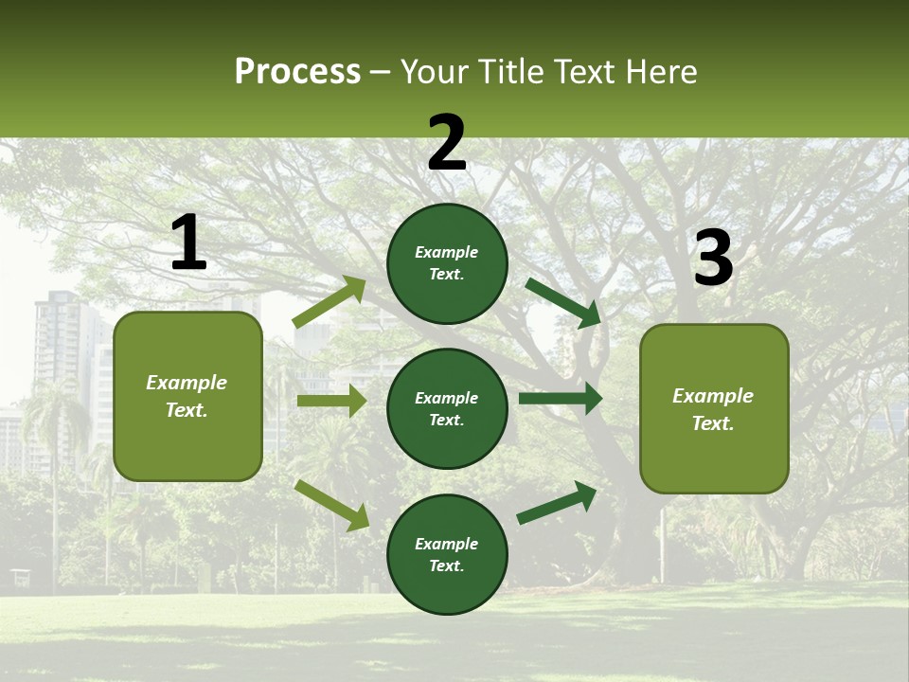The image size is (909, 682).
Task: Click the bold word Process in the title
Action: [297, 72]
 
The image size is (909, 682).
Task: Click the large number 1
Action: [188, 244]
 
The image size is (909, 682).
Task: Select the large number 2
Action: [447, 144]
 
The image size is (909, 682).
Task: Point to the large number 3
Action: [713, 260]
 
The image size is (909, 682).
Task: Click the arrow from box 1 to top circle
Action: [330, 302]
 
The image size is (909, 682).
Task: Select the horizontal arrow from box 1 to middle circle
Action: [331, 401]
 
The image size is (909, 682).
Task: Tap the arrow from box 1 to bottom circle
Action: [332, 504]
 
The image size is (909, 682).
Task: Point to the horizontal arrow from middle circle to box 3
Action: [561, 399]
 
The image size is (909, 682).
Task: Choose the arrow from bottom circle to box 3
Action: [557, 502]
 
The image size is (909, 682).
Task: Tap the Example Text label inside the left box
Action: [187, 396]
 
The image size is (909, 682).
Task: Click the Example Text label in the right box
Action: [713, 409]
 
